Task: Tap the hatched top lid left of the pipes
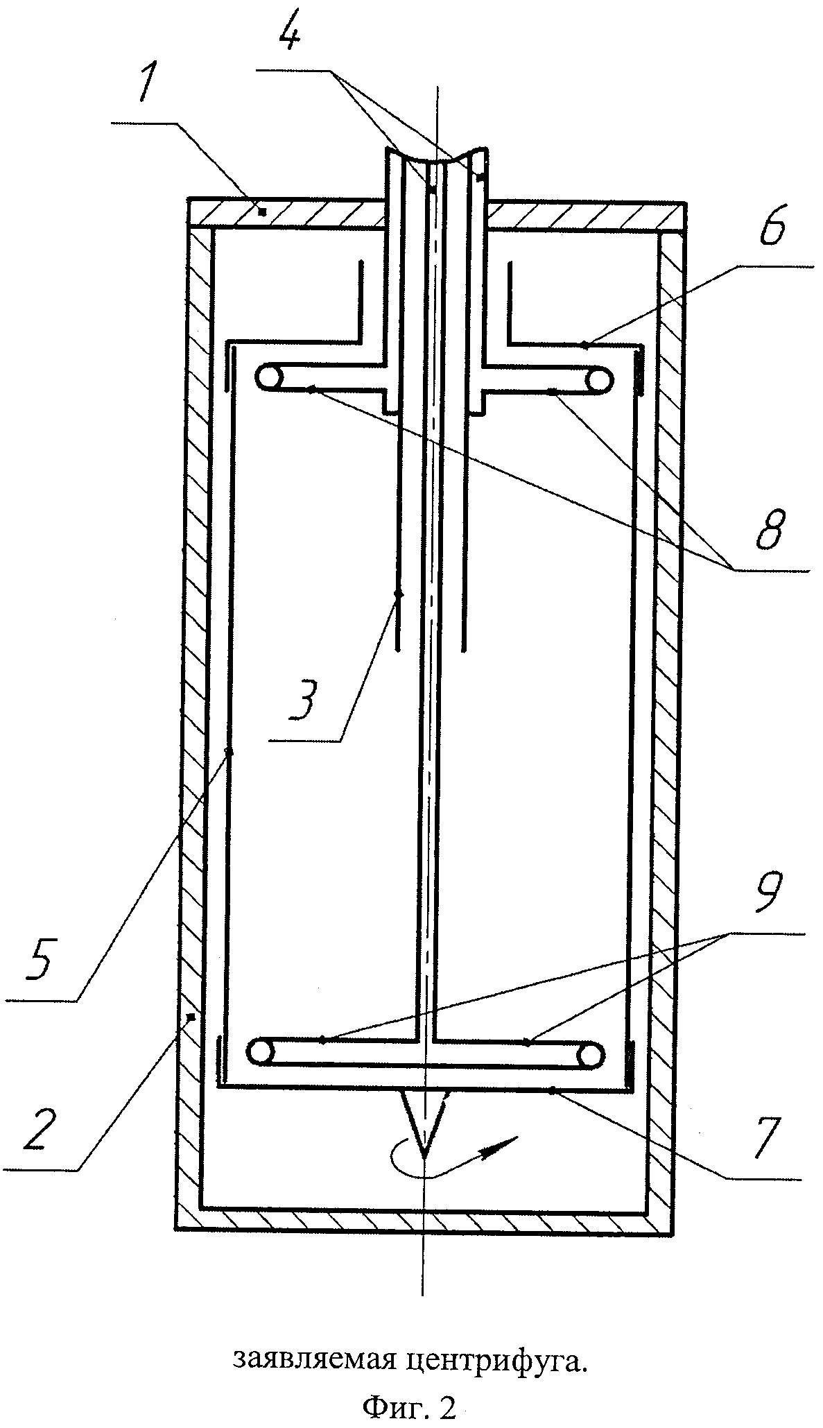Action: pyautogui.click(x=286, y=214)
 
